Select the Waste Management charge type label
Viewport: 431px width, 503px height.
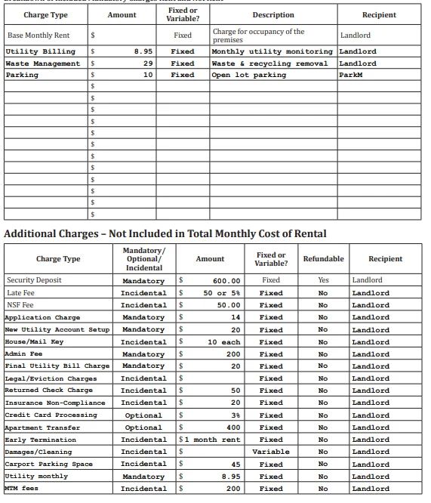pos(42,63)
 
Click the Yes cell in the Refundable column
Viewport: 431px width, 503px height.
pos(323,280)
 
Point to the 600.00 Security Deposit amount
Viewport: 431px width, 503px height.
pos(226,281)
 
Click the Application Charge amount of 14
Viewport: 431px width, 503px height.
pos(235,317)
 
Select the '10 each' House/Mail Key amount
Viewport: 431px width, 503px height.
pos(223,342)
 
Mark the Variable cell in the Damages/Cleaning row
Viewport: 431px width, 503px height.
pos(271,452)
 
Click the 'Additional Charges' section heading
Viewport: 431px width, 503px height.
pos(165,233)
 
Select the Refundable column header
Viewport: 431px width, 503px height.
pos(323,259)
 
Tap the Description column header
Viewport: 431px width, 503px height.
pos(272,15)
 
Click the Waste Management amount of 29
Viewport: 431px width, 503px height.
pos(149,63)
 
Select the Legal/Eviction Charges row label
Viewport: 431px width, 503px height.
pos(51,378)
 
